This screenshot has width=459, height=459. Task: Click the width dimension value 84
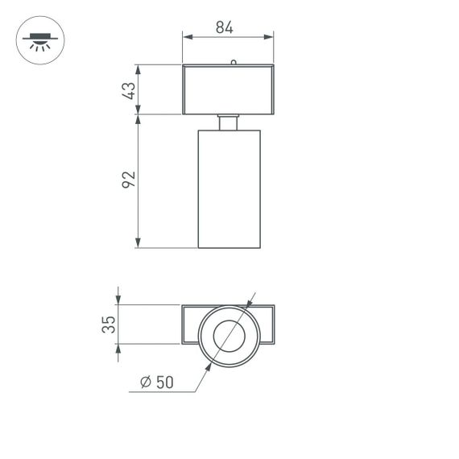pos(224,27)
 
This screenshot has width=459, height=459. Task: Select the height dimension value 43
pos(128,89)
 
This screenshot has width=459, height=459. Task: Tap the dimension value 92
pos(128,180)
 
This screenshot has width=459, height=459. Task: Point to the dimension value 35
pos(109,325)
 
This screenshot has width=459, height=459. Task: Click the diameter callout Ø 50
pos(156,382)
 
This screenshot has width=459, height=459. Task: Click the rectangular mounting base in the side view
pos(229,89)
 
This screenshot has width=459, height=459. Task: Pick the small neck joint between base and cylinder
pos(229,122)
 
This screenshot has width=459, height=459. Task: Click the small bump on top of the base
pos(234,61)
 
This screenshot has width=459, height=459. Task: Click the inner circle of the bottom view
pos(228,334)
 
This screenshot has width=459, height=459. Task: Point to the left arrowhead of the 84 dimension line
pos(186,36)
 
